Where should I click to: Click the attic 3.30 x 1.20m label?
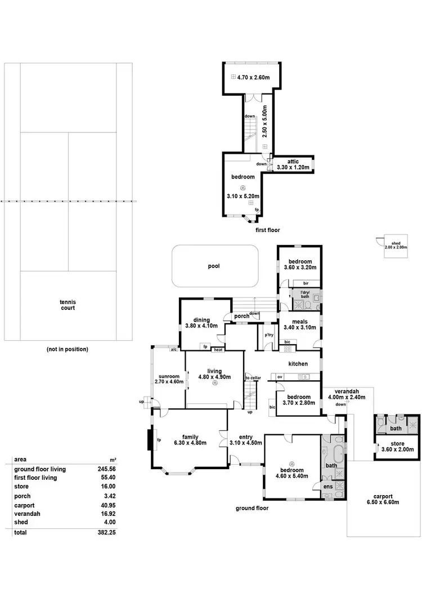pyautogui.click(x=293, y=164)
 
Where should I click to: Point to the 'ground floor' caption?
pyautogui.click(x=252, y=508)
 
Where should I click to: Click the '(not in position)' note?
pyautogui.click(x=68, y=349)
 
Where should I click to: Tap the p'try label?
pyautogui.click(x=269, y=336)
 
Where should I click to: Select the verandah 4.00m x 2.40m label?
pyautogui.click(x=347, y=394)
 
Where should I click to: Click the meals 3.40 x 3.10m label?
pyautogui.click(x=300, y=324)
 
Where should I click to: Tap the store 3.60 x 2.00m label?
pyautogui.click(x=397, y=447)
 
